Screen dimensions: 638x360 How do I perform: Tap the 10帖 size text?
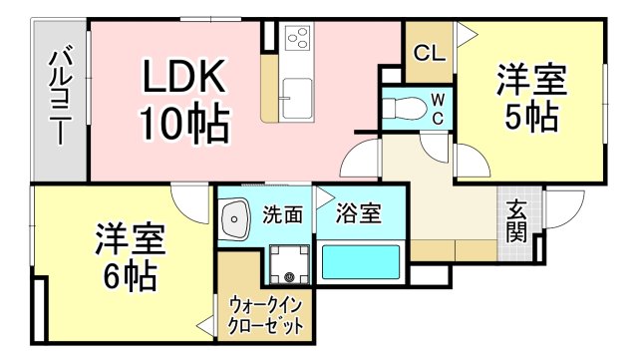184,123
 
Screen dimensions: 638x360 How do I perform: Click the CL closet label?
429,53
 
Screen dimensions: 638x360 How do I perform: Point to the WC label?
437,109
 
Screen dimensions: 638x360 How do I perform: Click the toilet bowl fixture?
405,107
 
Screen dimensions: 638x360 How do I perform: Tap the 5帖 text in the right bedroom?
529,119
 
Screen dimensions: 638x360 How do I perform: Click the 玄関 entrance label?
515,221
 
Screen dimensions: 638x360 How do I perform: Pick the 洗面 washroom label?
282,213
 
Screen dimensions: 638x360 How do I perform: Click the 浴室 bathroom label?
356,212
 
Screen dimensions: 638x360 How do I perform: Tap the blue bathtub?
360,264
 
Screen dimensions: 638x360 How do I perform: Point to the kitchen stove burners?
298,39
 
